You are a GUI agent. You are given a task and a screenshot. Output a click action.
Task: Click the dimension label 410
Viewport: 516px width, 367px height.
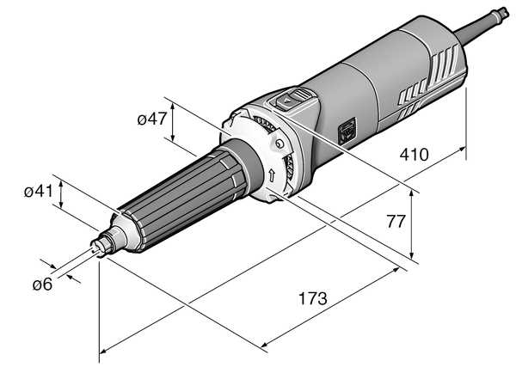click(x=414, y=155)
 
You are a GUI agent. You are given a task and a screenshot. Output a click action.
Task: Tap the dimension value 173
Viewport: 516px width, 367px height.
click(x=313, y=298)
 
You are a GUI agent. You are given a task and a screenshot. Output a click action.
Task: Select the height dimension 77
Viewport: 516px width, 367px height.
click(x=396, y=222)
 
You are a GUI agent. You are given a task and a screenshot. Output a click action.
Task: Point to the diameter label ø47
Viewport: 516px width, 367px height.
click(x=152, y=119)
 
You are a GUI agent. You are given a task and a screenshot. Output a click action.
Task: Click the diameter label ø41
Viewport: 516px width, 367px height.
click(x=39, y=191)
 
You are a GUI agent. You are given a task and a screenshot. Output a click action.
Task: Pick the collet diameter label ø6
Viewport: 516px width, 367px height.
click(x=42, y=284)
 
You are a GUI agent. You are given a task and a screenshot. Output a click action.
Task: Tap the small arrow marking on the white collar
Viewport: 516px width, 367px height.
click(x=272, y=175)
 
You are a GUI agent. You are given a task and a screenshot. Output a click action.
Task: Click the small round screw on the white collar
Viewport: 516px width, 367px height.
click(x=279, y=144)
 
